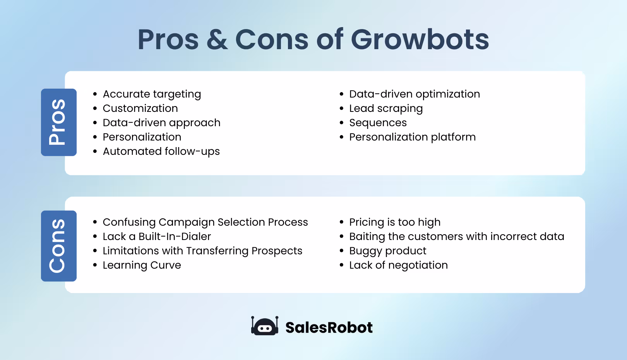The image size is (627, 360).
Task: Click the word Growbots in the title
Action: (x=420, y=40)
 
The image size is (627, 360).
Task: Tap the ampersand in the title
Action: (x=217, y=40)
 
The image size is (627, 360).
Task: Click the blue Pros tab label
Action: (x=58, y=122)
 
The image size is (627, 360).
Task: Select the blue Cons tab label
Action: (x=58, y=246)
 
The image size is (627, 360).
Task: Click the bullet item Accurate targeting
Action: (x=152, y=94)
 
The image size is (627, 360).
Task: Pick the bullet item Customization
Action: (x=140, y=108)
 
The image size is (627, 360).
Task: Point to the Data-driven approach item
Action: (x=161, y=123)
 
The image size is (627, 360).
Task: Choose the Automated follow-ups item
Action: (x=161, y=151)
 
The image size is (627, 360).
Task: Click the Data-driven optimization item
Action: (x=414, y=94)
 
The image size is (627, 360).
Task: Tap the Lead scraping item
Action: (x=385, y=108)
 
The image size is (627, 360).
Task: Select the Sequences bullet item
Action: (x=378, y=123)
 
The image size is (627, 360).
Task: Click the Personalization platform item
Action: (x=412, y=137)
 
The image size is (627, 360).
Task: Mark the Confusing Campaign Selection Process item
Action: (x=205, y=222)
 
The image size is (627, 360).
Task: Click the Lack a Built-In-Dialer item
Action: (x=157, y=237)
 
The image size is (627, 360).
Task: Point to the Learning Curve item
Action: (x=142, y=265)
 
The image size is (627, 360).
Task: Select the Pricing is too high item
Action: (x=394, y=222)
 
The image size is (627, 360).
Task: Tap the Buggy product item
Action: (x=387, y=251)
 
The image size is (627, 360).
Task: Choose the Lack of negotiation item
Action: (x=398, y=265)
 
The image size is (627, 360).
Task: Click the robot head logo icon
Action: (x=265, y=326)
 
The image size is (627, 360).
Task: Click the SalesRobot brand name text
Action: (x=329, y=327)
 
